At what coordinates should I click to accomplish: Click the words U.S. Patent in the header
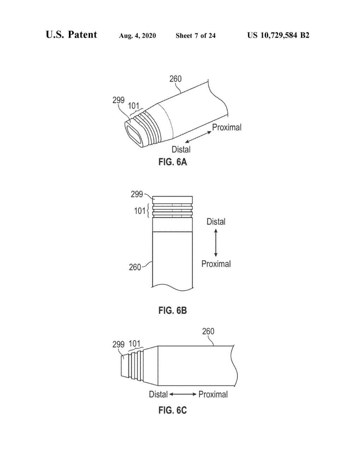pyautogui.click(x=71, y=35)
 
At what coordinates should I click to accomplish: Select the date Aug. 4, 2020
pyautogui.click(x=137, y=36)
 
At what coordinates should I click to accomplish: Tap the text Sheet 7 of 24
pyautogui.click(x=196, y=36)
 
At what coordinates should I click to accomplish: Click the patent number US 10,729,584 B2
pyautogui.click(x=278, y=35)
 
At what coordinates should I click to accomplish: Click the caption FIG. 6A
pyautogui.click(x=173, y=162)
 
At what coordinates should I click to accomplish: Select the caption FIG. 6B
pyautogui.click(x=173, y=311)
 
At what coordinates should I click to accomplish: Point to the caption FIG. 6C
pyautogui.click(x=173, y=410)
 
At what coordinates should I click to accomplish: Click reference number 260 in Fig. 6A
pyautogui.click(x=175, y=79)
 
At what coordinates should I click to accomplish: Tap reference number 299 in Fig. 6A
pyautogui.click(x=118, y=100)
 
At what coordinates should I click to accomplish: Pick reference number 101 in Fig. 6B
pyautogui.click(x=140, y=211)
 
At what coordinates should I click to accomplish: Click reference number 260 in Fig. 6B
pyautogui.click(x=135, y=267)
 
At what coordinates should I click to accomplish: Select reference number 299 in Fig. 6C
pyautogui.click(x=118, y=345)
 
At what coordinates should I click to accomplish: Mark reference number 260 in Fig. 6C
pyautogui.click(x=208, y=331)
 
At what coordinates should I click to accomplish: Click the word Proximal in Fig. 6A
pyautogui.click(x=227, y=127)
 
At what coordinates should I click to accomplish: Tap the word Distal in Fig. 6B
pyautogui.click(x=216, y=222)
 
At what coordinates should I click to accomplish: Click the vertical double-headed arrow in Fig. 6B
pyautogui.click(x=216, y=243)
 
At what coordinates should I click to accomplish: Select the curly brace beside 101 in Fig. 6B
pyautogui.click(x=148, y=211)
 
